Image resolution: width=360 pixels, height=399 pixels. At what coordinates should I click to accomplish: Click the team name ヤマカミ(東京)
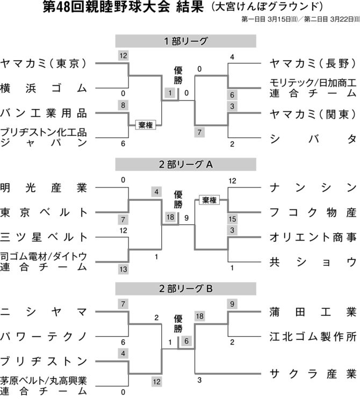(x=44, y=63)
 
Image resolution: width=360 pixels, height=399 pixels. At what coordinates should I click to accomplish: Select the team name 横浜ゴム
(x=44, y=88)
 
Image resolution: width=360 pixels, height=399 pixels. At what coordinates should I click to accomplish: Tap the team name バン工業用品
(x=44, y=113)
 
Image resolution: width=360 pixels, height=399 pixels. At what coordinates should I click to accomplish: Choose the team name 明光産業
(x=44, y=188)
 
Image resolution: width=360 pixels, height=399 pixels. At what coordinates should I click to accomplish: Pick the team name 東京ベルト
(x=44, y=212)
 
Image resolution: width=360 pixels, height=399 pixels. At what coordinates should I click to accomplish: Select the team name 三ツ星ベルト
(x=44, y=237)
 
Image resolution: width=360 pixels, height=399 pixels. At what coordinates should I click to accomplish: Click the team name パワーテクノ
(x=44, y=337)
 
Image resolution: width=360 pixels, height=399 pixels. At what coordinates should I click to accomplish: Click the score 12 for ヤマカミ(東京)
(x=123, y=56)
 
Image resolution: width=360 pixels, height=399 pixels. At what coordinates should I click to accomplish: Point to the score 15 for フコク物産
(x=232, y=219)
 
